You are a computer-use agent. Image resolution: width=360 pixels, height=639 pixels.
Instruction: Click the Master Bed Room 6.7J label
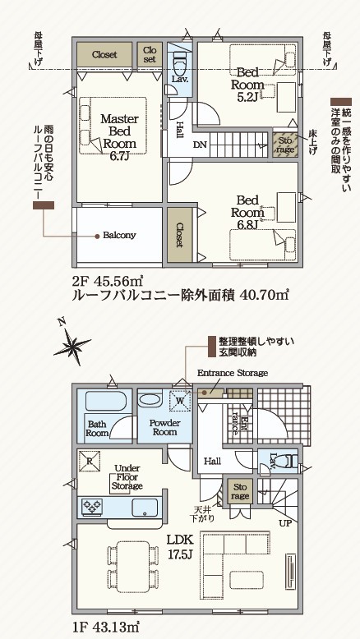tap(119, 137)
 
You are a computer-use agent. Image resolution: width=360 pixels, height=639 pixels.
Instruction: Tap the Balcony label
tap(119, 235)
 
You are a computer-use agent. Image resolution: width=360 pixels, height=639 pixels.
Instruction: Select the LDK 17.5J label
tap(179, 547)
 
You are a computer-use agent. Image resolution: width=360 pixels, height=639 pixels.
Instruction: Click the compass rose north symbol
tap(72, 343)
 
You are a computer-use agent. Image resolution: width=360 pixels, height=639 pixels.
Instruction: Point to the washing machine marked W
tap(180, 400)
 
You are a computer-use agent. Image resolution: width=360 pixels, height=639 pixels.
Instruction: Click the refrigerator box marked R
tap(90, 461)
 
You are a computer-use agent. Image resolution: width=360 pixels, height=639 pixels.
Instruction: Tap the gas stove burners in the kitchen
tap(93, 507)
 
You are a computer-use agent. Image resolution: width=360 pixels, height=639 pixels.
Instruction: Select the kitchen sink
tap(145, 508)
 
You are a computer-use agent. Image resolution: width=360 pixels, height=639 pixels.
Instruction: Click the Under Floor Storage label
tap(127, 477)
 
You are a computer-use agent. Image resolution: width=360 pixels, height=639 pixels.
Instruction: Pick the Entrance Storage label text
tap(233, 373)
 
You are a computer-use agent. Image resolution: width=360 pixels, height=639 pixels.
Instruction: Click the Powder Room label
tap(164, 427)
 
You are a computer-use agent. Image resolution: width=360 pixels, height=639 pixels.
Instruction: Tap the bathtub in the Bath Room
tap(108, 401)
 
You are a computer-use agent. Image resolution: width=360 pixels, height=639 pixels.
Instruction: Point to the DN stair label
tap(200, 145)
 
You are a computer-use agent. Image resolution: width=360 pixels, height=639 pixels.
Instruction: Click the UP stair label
tap(285, 523)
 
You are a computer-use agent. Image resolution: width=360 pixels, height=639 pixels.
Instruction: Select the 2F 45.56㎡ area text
tap(107, 281)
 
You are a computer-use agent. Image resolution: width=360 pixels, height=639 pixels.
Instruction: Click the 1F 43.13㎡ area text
tap(107, 625)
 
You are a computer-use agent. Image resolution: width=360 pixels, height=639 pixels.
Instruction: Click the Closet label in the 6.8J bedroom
tap(179, 235)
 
